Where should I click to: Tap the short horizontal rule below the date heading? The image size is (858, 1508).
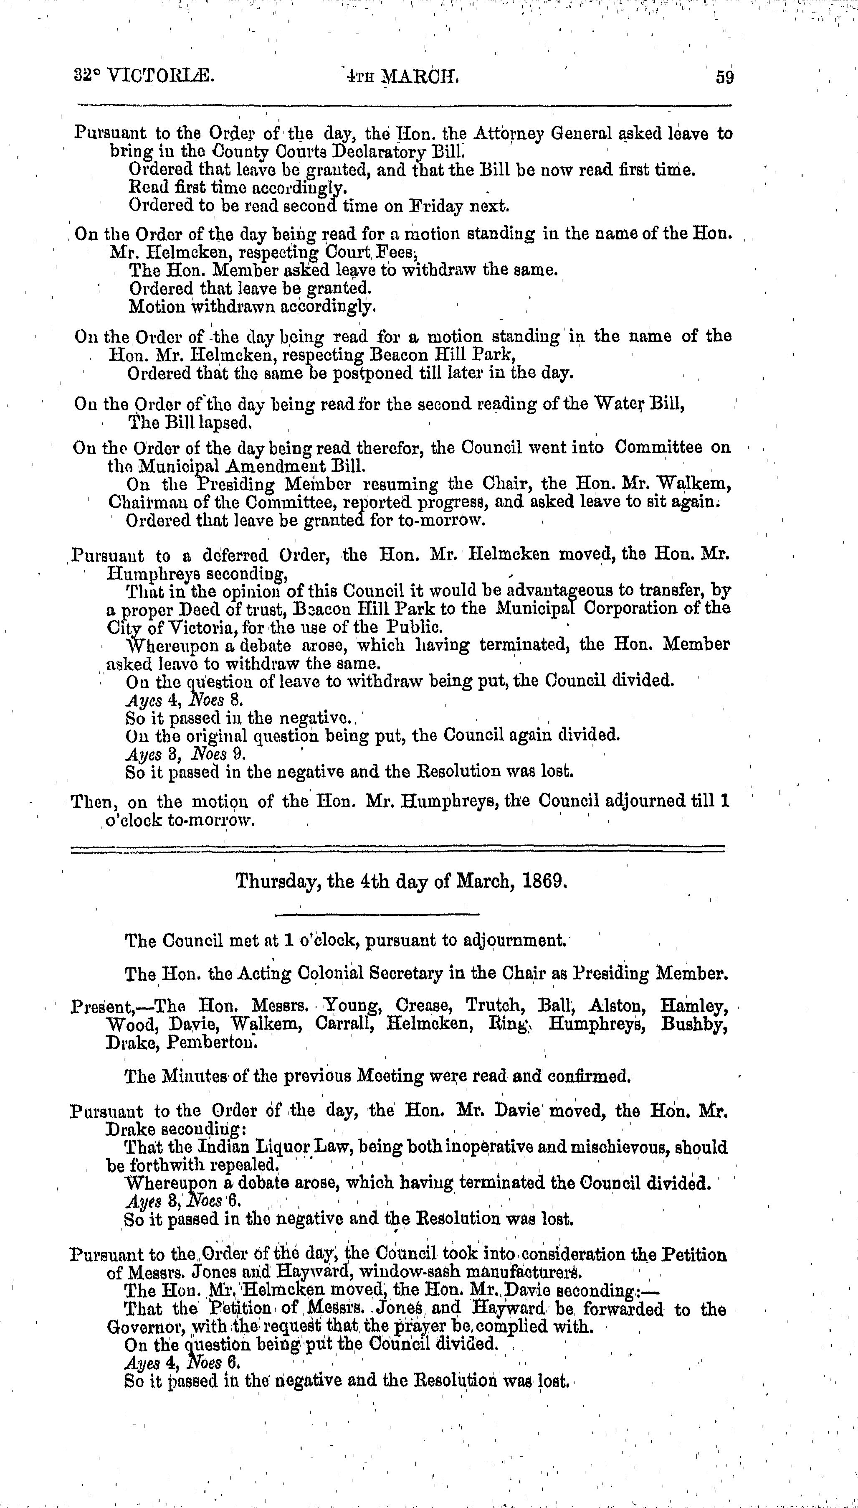tap(377, 915)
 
